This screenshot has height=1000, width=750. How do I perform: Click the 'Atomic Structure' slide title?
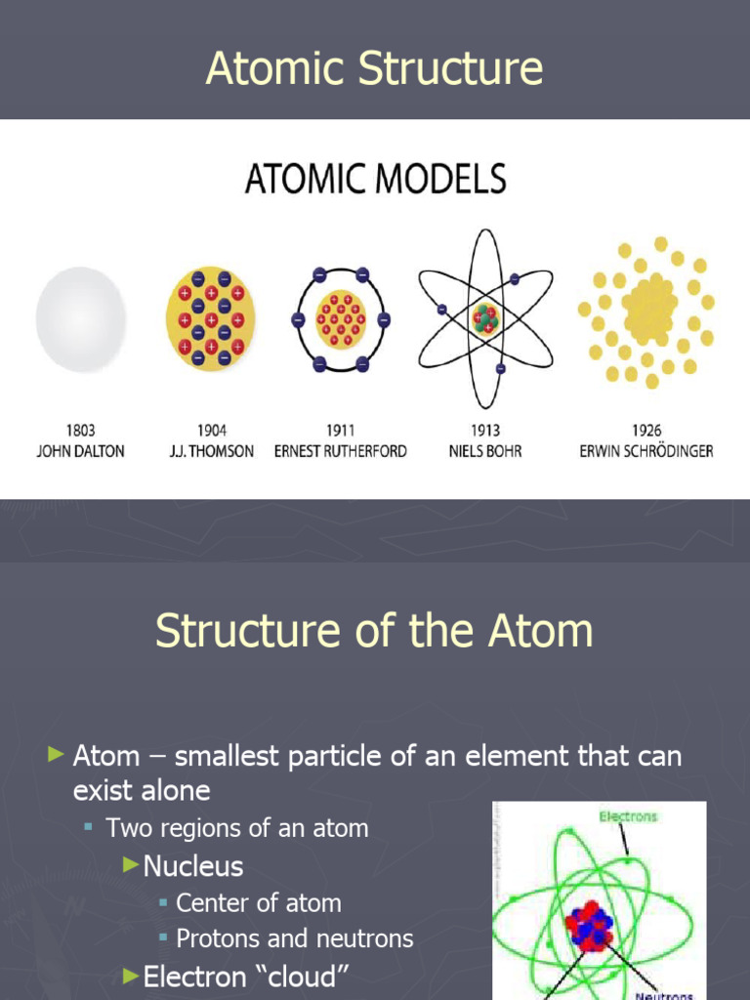click(x=374, y=69)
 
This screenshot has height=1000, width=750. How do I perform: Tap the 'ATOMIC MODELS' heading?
click(x=374, y=181)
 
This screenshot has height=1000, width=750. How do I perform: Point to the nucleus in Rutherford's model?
click(x=341, y=319)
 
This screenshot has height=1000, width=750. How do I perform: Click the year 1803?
click(x=81, y=431)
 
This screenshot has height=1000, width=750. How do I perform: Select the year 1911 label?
click(x=340, y=431)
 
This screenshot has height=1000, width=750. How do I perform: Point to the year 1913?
click(x=484, y=431)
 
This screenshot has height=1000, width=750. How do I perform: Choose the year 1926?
click(x=646, y=431)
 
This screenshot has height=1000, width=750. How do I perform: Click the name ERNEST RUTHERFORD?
click(x=340, y=451)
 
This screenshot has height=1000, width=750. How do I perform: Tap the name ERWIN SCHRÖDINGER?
click(x=646, y=451)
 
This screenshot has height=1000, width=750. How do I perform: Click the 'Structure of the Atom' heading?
click(x=374, y=631)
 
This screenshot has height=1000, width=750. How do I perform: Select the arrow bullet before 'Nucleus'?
click(x=132, y=865)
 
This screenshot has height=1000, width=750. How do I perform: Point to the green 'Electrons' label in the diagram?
click(x=629, y=816)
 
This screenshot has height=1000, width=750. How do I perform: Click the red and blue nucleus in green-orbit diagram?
click(x=589, y=926)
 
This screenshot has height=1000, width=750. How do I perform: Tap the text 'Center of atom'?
click(x=258, y=903)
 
